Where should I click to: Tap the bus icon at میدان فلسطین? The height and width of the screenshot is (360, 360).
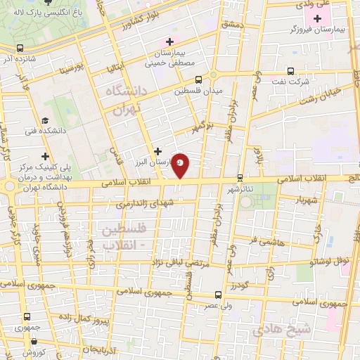click(198, 79)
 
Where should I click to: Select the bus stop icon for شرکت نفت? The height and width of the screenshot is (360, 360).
click(291, 71)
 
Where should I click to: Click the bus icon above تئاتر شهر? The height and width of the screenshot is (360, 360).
click(240, 177)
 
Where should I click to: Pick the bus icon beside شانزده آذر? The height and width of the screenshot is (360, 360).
click(17, 49)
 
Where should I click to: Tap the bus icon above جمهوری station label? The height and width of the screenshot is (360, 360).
click(27, 317)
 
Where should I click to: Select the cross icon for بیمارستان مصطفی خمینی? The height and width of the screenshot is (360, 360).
click(169, 41)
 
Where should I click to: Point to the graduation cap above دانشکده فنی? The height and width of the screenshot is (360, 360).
click(45, 120)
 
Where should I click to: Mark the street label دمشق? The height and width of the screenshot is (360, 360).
click(231, 24)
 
